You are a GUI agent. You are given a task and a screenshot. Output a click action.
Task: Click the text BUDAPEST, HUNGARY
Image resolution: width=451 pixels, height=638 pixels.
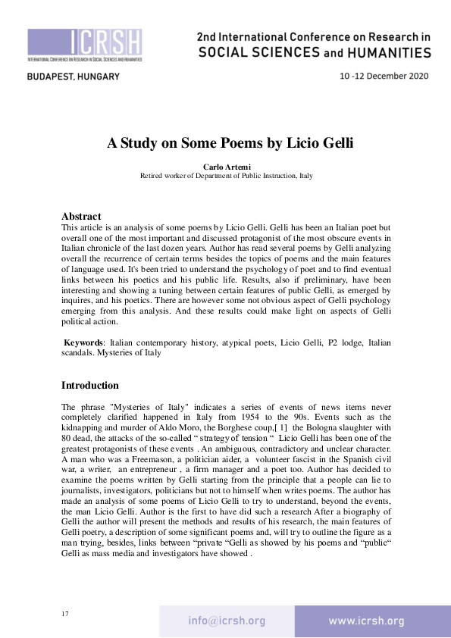pyautogui.click(x=74, y=77)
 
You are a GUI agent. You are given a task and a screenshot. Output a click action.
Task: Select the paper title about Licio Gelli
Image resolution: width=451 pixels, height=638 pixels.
pyautogui.click(x=225, y=144)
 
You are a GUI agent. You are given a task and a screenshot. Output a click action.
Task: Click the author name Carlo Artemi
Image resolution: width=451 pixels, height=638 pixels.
pyautogui.click(x=226, y=166)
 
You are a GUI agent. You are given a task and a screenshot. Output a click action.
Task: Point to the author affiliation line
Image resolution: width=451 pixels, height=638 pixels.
pyautogui.click(x=226, y=175)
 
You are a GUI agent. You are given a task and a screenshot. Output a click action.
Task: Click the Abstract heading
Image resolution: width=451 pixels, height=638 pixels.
pyautogui.click(x=81, y=217)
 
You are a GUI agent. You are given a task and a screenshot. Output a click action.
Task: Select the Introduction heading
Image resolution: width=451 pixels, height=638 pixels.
pyautogui.click(x=89, y=386)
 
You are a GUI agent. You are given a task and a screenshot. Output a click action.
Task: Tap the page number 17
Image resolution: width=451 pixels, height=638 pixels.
pyautogui.click(x=65, y=613)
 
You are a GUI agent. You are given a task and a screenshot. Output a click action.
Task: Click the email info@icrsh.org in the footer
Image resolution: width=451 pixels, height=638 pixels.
pyautogui.click(x=227, y=621)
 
